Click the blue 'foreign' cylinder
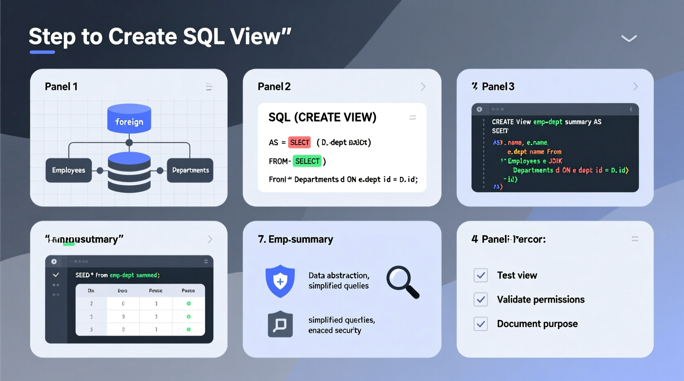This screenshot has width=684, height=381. coord(129,119)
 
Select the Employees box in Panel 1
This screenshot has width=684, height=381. coord(69,170)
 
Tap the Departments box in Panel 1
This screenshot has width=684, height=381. coord(190,170)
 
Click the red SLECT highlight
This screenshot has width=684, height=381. coord(299,142)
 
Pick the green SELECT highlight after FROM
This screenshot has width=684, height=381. coord(307,161)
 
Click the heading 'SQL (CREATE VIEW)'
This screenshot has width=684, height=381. coord(322,117)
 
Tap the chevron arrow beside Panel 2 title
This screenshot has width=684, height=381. coord(423,87)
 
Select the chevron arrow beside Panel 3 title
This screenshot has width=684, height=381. coord(635,87)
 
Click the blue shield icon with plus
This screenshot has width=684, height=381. coord(280,281)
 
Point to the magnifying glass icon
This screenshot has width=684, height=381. coord(402,282)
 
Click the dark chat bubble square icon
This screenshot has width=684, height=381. coord(280,324)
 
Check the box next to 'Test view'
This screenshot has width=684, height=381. coord(481,275)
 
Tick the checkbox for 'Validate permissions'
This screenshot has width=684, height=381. coord(481,299)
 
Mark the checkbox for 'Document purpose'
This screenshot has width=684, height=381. coord(481,324)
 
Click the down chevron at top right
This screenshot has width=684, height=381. coord(629,39)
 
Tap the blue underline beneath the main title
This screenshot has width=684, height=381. coord(42,52)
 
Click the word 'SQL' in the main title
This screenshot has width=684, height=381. coord(203,37)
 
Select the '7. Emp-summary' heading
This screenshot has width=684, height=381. coord(295,239)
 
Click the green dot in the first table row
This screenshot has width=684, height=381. coord(189,303)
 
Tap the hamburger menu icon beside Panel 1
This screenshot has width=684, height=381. coord(209,87)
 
